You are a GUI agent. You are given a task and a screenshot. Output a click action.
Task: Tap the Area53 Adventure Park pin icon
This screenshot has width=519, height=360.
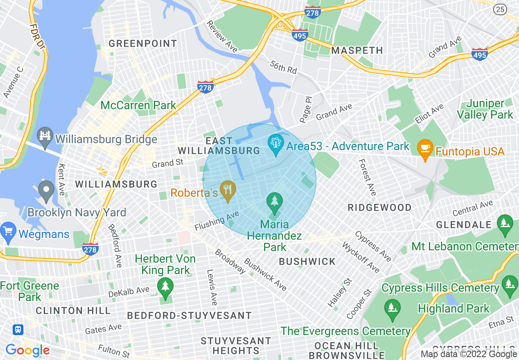[x=275, y=144]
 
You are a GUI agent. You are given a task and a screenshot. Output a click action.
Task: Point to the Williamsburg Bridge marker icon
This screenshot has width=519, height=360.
[x=44, y=135]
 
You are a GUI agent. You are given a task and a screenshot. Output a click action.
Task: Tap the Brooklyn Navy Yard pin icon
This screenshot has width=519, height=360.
[x=46, y=190]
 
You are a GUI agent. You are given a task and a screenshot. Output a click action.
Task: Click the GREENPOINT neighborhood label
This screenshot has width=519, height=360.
[x=143, y=44]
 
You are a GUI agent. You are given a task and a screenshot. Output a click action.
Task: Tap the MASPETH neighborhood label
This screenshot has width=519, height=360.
[x=357, y=51]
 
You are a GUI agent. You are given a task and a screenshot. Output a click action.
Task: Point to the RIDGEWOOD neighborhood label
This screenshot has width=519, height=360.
[x=379, y=207]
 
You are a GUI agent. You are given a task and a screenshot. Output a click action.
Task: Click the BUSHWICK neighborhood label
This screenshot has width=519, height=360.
[x=307, y=261]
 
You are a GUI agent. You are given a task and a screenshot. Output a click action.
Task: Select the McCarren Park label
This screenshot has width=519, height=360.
[x=138, y=105]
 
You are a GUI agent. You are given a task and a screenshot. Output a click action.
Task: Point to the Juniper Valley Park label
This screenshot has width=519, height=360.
[x=485, y=109]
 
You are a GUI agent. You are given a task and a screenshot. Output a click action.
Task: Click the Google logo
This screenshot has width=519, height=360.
[x=27, y=350]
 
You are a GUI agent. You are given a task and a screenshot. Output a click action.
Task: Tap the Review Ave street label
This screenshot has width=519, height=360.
[x=222, y=36]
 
